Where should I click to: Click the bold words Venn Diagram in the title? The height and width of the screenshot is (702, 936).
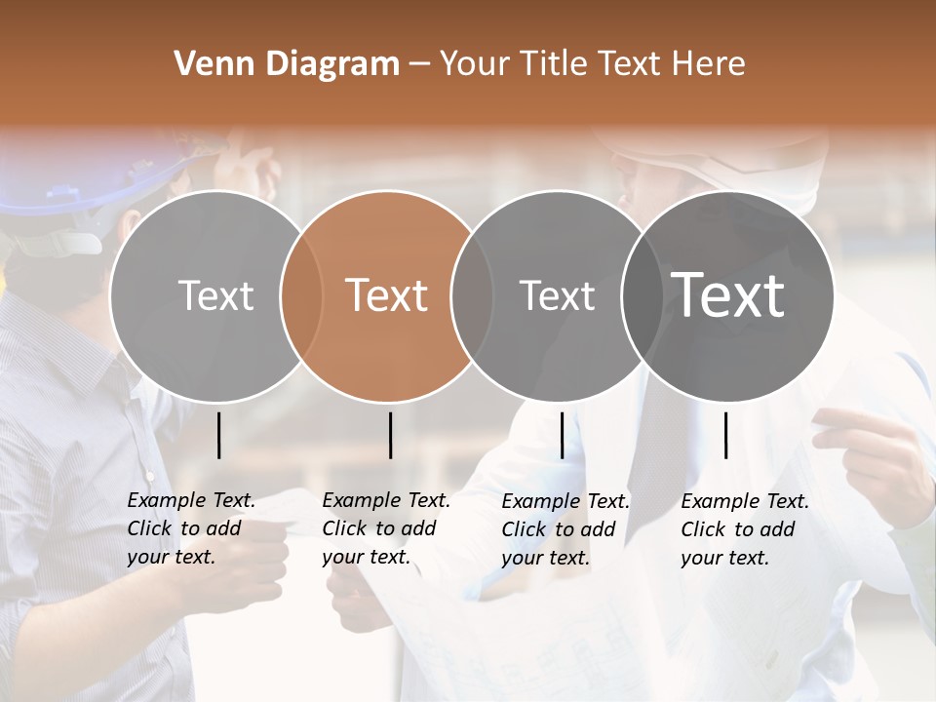click(x=287, y=64)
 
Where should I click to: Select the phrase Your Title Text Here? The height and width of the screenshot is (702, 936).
click(x=593, y=64)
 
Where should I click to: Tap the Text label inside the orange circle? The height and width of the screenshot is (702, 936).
click(x=387, y=295)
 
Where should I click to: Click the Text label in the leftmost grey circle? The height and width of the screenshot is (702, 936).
click(x=216, y=295)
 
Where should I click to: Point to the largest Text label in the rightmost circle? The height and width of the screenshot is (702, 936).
click(x=728, y=295)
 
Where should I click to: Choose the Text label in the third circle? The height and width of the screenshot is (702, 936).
click(x=557, y=295)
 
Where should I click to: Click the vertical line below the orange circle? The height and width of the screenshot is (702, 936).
click(x=390, y=435)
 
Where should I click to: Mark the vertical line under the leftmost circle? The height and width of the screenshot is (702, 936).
click(x=218, y=435)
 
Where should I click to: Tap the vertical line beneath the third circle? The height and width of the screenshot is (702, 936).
click(x=562, y=435)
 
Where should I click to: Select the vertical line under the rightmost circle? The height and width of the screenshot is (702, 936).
click(x=725, y=435)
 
